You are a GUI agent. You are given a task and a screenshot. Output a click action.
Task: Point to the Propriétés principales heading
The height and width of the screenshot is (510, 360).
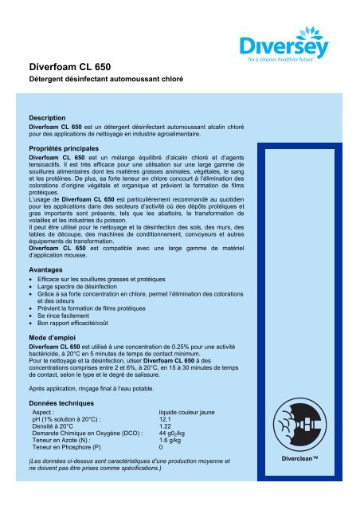pos(69,148)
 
